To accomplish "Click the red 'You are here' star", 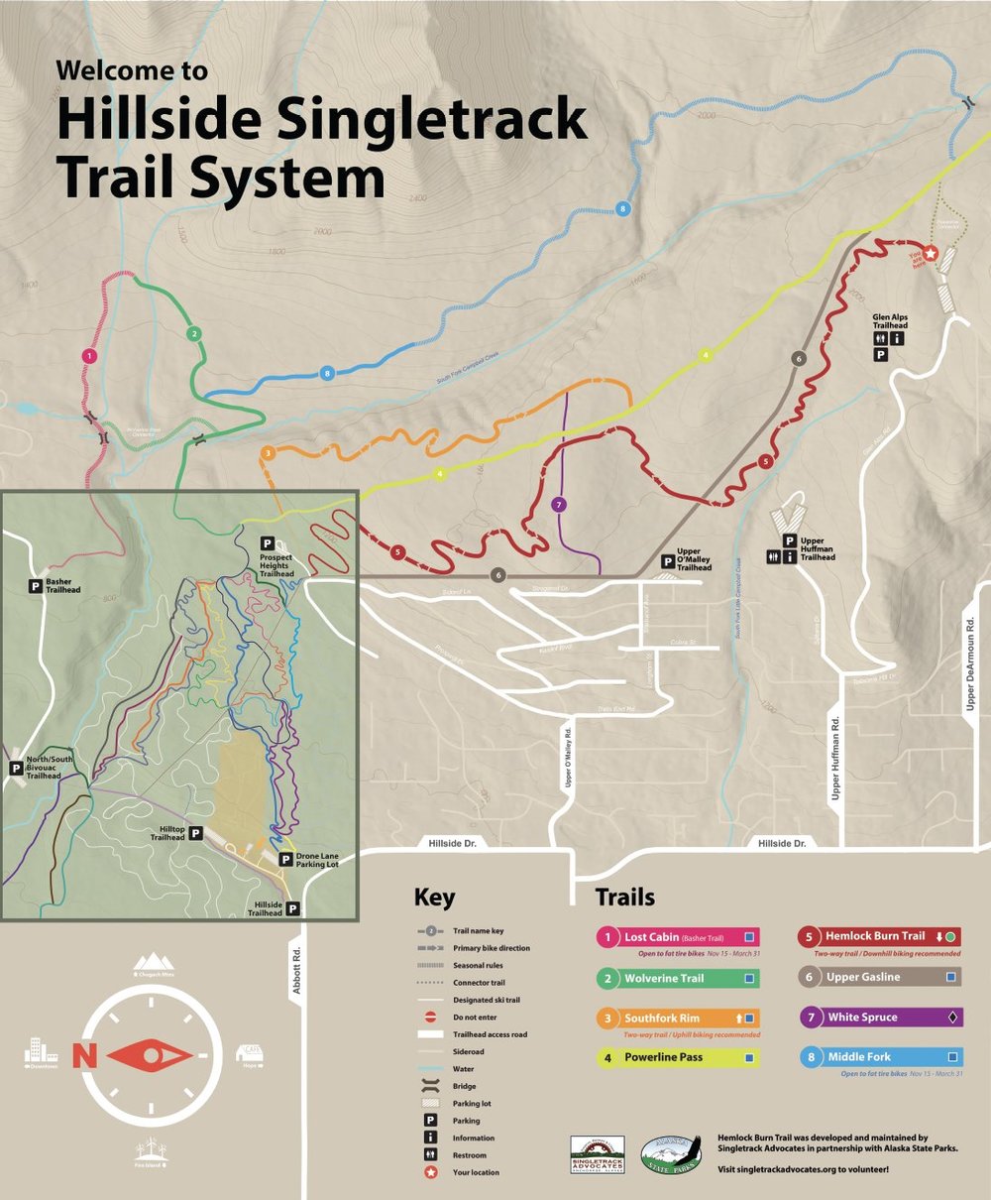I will [x=931, y=253].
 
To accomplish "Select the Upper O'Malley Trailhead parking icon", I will [x=668, y=561].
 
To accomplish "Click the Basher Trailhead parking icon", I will [x=35, y=586].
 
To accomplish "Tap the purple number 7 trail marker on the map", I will [x=558, y=503].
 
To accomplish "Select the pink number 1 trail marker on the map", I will [x=90, y=355].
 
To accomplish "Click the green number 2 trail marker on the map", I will [x=194, y=333].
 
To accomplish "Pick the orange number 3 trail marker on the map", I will [x=268, y=454].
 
